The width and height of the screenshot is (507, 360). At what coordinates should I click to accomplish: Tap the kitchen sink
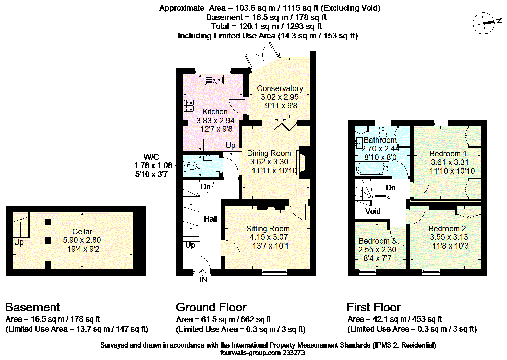point(214,80)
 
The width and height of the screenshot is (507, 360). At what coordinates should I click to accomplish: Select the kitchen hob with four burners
point(189,106)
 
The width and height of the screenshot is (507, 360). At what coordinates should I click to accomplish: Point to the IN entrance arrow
point(202,272)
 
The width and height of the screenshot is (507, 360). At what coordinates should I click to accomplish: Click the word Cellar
point(82,232)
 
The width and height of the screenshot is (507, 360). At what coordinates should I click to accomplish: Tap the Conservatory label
point(280,88)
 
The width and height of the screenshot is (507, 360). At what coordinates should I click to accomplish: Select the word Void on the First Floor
point(372,211)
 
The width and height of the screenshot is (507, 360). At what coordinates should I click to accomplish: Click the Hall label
point(210,219)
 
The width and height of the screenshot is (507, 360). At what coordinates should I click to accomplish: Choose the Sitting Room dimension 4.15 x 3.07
point(268,237)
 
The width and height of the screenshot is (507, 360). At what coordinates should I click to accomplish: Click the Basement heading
point(32,307)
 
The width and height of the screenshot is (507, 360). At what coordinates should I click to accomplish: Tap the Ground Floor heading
point(211,307)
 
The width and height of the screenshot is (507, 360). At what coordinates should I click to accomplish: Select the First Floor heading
point(374,307)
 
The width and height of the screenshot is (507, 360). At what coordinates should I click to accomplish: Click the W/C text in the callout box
point(151,157)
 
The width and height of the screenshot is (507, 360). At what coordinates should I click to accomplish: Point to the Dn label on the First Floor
point(391,188)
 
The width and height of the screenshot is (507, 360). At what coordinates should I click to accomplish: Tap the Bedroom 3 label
point(377,241)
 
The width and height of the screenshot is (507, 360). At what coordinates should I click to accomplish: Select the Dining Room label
point(269,153)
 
